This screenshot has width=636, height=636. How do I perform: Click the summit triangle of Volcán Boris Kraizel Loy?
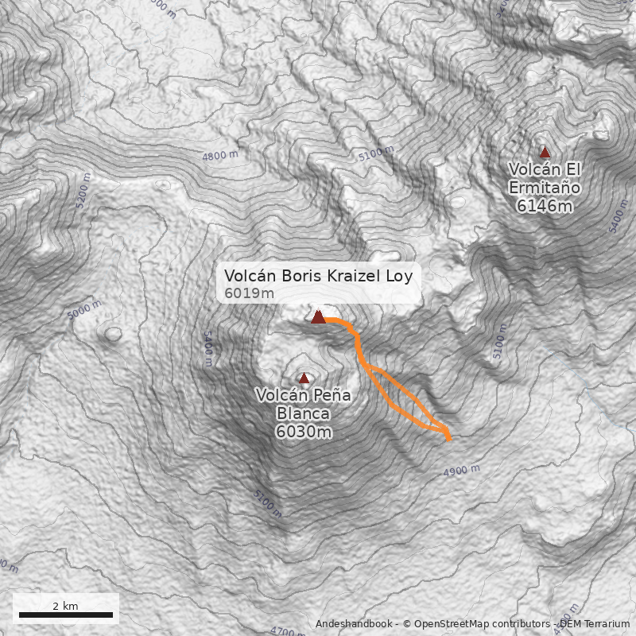coord(318,317)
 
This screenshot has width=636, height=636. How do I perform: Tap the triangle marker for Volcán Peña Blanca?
coord(304,378)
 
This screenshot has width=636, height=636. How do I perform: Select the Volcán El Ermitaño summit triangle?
coord(545,152)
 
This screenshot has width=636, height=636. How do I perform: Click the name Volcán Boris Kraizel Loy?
coord(318,276)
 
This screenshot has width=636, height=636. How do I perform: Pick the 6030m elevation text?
coord(304,432)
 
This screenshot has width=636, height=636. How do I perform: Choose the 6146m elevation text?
coord(545,206)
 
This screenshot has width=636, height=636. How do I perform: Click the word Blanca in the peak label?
coord(304,413)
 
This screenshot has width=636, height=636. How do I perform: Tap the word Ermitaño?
coord(545,188)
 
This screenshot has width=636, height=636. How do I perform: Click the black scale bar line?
coord(65,615)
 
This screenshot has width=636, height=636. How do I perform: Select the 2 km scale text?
coord(65,605)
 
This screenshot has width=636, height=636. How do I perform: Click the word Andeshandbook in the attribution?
coord(355,624)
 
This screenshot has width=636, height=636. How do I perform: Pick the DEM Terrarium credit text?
coord(594,624)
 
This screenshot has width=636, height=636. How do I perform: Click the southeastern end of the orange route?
coord(449,438)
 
